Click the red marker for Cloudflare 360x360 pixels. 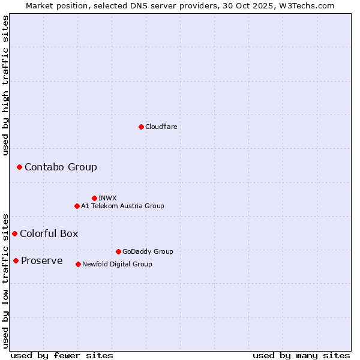coord(141,127)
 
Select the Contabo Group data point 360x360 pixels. coord(19,167)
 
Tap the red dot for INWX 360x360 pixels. coord(94,198)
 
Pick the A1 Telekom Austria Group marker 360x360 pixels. coord(77,206)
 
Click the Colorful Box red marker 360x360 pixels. coord(14,233)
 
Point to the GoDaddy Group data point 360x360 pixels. coord(118,251)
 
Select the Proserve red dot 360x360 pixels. coord(16,260)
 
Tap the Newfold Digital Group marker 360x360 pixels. coord(78,264)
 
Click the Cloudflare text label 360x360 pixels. coord(161,127)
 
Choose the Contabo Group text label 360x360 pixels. coord(61,167)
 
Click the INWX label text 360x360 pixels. coord(107,198)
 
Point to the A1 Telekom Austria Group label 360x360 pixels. coord(122,206)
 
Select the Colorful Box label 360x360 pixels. coord(49,233)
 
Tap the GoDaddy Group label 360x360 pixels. coord(148,251)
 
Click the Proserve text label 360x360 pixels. coord(41,260)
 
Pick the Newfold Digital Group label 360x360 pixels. coord(117,264)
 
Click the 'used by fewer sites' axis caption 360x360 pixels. coord(62,355)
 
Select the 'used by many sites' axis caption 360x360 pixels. coord(301,355)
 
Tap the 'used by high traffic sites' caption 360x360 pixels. coord(6,85)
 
